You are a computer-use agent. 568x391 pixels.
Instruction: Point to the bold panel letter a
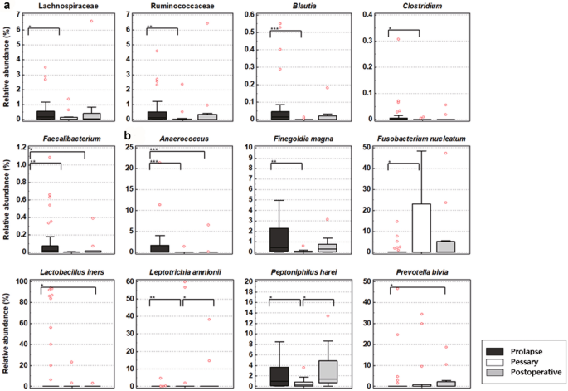click(6, 6)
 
